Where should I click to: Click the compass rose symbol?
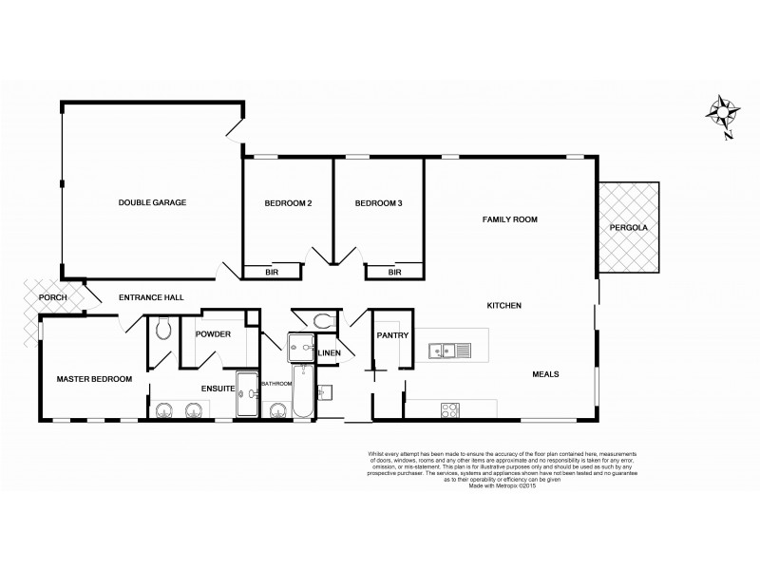726,114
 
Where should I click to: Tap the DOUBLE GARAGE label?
152,203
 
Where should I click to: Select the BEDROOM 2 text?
288,203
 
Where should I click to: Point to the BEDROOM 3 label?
379,203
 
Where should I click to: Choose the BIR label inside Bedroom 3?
394,273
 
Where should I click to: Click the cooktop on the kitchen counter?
450,410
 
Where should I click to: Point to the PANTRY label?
391,335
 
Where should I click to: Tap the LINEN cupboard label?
330,354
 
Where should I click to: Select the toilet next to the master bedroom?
162,329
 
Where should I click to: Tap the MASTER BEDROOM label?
94,379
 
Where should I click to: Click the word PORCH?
51,298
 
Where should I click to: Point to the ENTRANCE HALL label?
151,298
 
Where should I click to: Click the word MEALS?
544,374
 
